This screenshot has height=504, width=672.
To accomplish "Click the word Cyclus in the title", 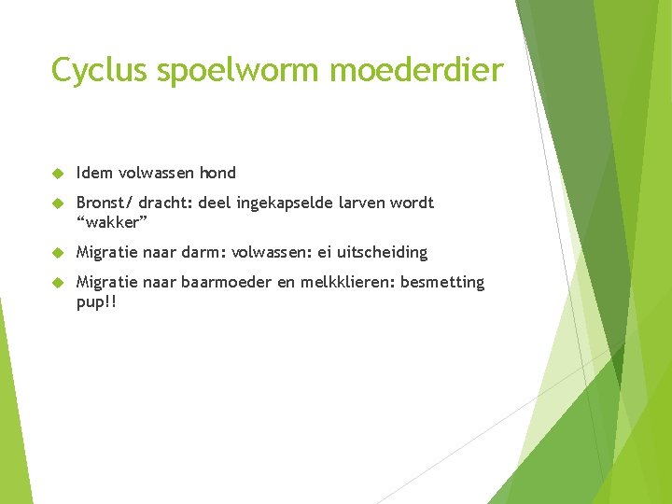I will click(99, 70).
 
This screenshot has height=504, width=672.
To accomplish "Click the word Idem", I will click(94, 173).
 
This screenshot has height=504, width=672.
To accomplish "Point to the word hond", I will click(217, 173).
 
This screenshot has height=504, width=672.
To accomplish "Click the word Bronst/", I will click(105, 203).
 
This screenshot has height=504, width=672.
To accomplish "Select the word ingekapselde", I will click(285, 203).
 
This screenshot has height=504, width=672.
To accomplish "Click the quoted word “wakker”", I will click(112, 222).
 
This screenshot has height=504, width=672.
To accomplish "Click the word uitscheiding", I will click(383, 252).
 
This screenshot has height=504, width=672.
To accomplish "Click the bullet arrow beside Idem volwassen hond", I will click(57, 174).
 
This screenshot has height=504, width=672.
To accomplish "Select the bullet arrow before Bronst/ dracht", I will click(57, 203).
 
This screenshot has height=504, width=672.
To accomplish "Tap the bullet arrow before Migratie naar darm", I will click(57, 253).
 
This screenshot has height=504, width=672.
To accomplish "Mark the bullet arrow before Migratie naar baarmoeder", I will click(57, 283).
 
